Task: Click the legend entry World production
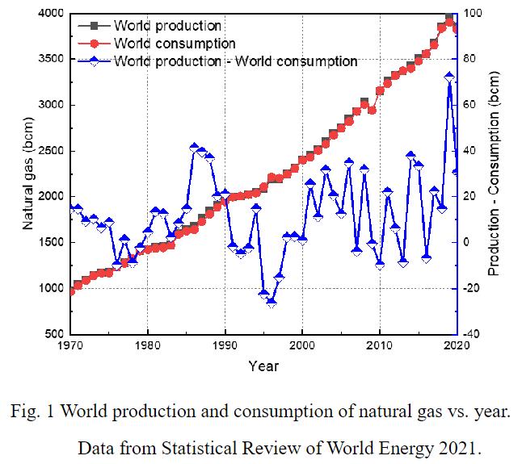tap(167, 26)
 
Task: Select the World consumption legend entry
tap(175, 44)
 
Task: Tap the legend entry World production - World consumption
tap(235, 61)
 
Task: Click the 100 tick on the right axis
tap(472, 14)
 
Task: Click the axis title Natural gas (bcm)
tap(27, 173)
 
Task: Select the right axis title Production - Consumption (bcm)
tap(495, 173)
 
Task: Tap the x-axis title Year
tap(263, 366)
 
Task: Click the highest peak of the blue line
tap(449, 77)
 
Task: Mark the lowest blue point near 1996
tap(272, 303)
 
